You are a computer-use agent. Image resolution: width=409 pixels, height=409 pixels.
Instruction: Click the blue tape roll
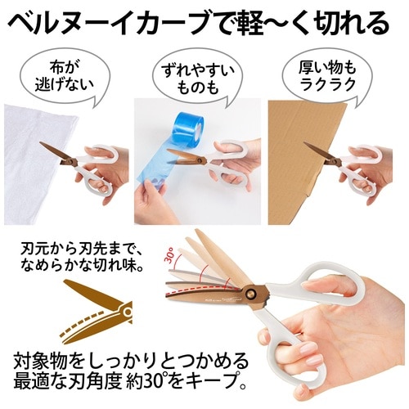tap(187, 128)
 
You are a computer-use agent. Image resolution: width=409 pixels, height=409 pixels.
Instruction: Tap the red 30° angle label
tap(169, 255)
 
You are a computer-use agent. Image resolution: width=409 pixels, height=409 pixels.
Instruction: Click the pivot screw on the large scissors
tap(250, 294)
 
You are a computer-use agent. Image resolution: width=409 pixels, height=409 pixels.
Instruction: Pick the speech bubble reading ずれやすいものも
tap(197, 79)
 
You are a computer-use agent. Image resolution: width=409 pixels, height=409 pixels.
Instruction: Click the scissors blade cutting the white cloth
tap(56, 152)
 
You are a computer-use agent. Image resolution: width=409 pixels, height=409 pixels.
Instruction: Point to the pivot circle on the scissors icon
tap(127, 312)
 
